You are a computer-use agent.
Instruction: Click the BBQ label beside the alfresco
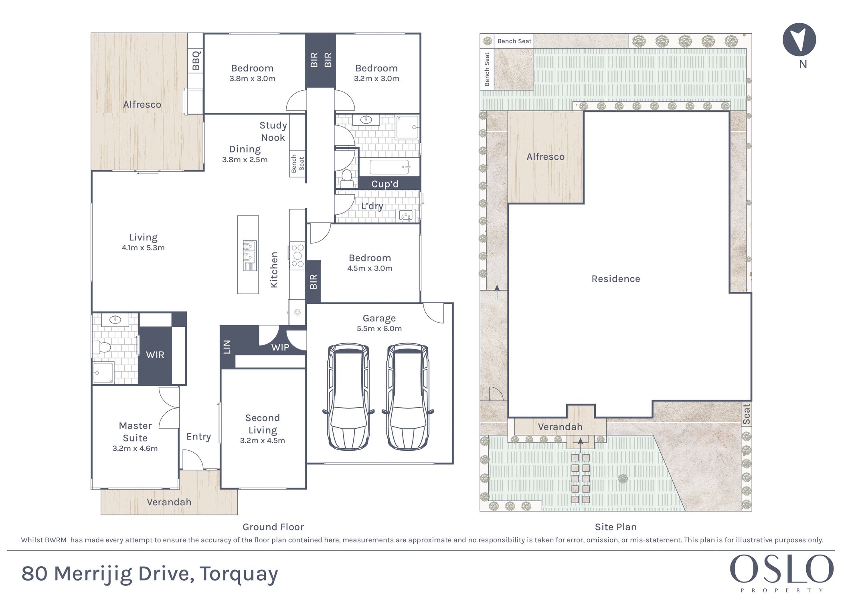click(x=196, y=60)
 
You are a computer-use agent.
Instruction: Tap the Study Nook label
click(x=273, y=131)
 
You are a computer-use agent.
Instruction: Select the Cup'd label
click(x=385, y=184)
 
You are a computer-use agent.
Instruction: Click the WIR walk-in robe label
click(x=155, y=355)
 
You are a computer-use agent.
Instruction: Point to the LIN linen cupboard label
click(x=227, y=347)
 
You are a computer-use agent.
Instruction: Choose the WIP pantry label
click(x=280, y=347)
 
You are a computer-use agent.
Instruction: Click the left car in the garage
click(x=348, y=397)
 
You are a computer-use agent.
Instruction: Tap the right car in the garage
click(x=408, y=397)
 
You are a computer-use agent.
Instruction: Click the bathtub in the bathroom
click(x=390, y=166)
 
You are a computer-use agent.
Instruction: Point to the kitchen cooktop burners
click(x=298, y=255)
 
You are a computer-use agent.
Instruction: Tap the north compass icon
click(x=799, y=39)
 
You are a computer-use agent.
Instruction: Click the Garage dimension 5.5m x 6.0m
click(x=379, y=328)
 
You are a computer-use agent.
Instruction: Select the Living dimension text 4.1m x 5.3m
click(x=143, y=248)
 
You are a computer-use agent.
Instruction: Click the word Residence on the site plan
click(x=616, y=279)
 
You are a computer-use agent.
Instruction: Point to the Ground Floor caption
click(x=273, y=527)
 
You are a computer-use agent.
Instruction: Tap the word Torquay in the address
click(x=239, y=574)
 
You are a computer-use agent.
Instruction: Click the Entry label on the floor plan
click(x=198, y=437)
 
